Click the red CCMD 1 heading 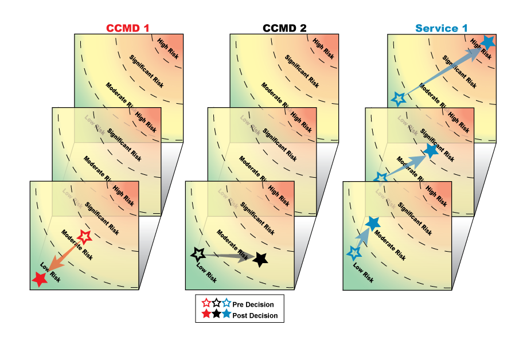coord(131,28)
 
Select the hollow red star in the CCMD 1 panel coord(84,236)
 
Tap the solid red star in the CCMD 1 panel coord(39,279)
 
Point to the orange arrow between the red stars coord(61,257)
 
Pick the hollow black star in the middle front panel coord(198,253)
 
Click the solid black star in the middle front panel coord(260,259)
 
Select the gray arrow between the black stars coord(229,257)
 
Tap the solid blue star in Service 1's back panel coord(487,42)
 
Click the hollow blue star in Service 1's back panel coord(398,99)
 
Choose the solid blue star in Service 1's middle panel coord(431,151)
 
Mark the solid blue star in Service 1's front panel coord(373,223)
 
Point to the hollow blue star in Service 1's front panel coord(354,252)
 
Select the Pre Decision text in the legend coord(253,304)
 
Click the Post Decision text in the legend coord(255,315)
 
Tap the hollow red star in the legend coord(206,303)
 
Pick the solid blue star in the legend coord(227,314)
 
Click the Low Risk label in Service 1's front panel coord(363,273)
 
